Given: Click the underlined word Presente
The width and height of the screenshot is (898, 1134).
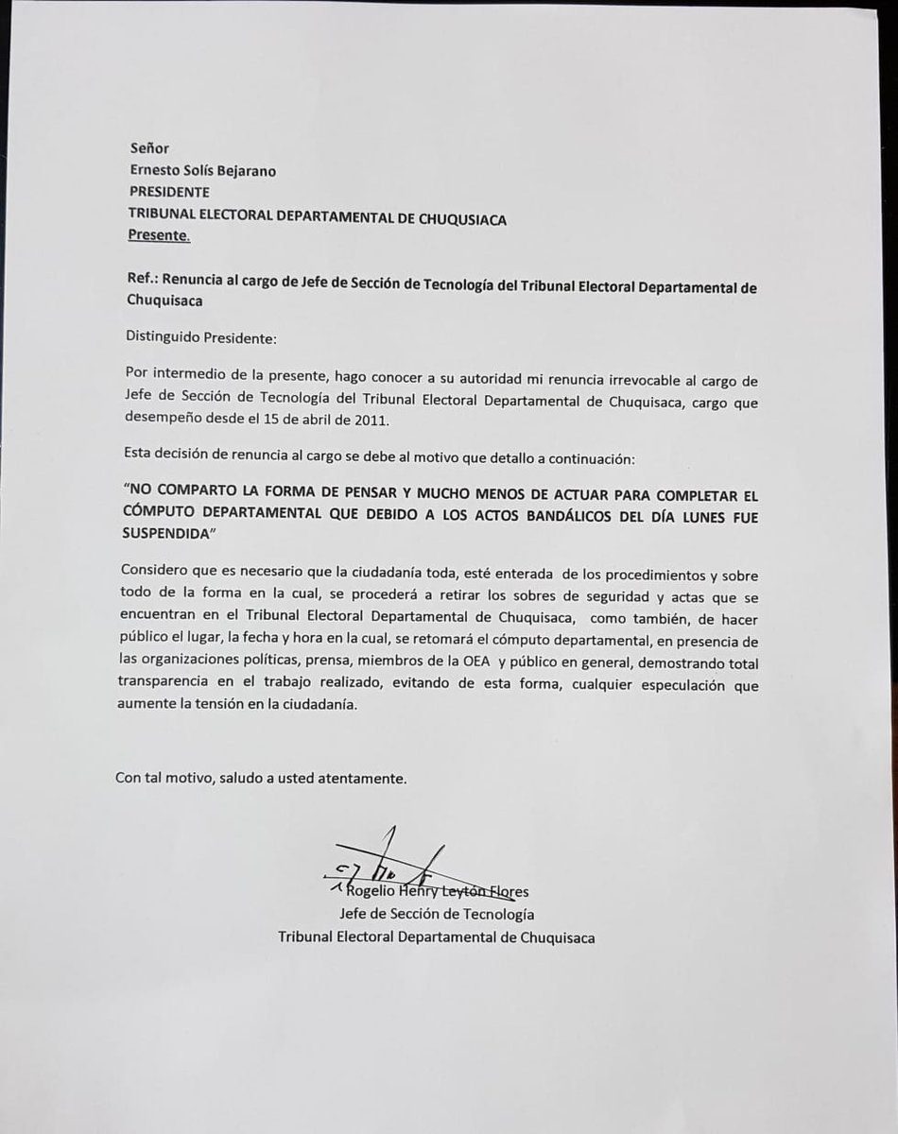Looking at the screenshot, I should pos(158,236).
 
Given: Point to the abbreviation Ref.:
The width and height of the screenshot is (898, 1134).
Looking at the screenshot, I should pos(141,282).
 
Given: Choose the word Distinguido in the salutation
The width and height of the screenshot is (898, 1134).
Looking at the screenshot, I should pos(163,336).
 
